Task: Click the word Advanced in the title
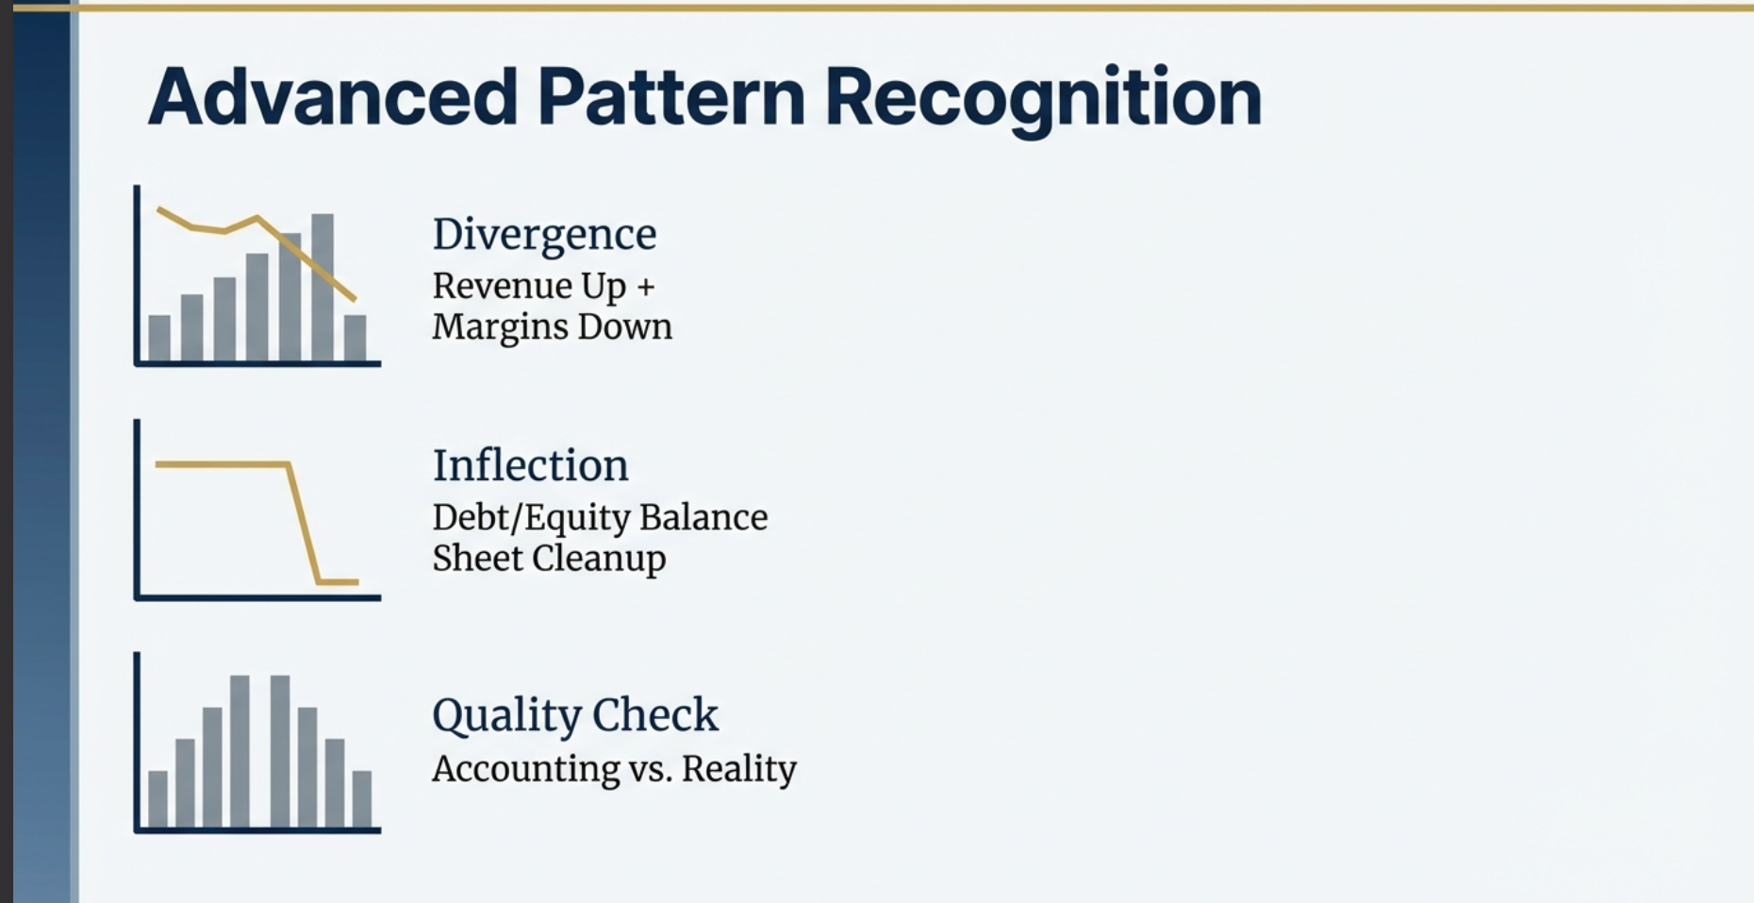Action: point(332,97)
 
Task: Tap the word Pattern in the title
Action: point(670,97)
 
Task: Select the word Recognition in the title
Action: point(1042,97)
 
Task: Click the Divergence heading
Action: point(544,234)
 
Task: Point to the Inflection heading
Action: point(530,465)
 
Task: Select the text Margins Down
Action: point(552,327)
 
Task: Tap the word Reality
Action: point(738,769)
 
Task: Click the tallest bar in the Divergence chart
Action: point(323,288)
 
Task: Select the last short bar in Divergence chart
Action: point(355,338)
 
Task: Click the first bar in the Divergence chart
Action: point(159,338)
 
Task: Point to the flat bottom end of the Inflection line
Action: point(338,582)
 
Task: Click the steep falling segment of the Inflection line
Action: point(304,524)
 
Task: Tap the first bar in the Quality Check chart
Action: point(157,799)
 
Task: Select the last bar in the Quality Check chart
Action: point(362,799)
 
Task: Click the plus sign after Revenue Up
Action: point(645,287)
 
